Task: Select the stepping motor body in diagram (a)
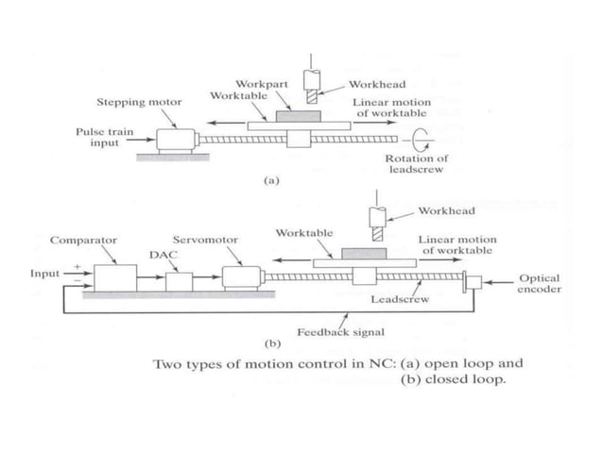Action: point(176,140)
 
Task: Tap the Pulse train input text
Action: point(95,137)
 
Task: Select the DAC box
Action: point(178,281)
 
